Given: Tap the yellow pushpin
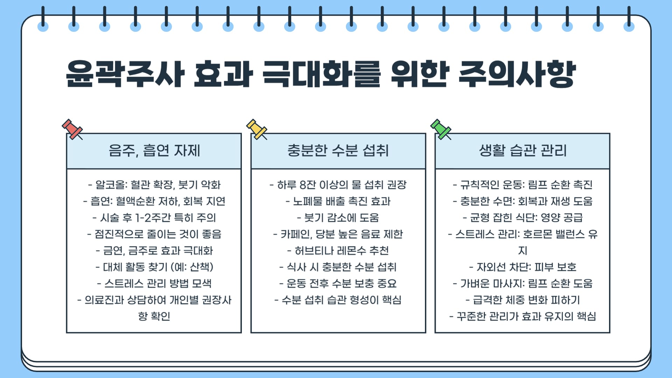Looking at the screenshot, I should pyautogui.click(x=256, y=129).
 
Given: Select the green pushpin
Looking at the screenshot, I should pyautogui.click(x=440, y=129).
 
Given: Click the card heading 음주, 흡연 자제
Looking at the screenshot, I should pyautogui.click(x=154, y=150).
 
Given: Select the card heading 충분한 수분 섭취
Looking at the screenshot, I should pyautogui.click(x=338, y=150).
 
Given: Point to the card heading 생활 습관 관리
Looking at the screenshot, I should pyautogui.click(x=523, y=150).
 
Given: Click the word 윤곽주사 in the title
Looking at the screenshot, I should pyautogui.click(x=125, y=74).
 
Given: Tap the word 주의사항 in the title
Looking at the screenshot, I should pyautogui.click(x=517, y=74).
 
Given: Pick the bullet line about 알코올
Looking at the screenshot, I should pyautogui.click(x=154, y=185).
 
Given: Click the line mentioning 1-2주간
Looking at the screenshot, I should pyautogui.click(x=154, y=218).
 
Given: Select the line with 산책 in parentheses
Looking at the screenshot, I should pyautogui.click(x=154, y=267).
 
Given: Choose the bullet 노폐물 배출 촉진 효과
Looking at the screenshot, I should pyautogui.click(x=338, y=201).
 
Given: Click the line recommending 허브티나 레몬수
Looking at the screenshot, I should pyautogui.click(x=338, y=251).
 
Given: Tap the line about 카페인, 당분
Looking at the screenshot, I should pyautogui.click(x=338, y=234).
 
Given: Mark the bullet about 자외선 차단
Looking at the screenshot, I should pyautogui.click(x=523, y=267).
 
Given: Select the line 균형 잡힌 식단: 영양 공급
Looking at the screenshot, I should pyautogui.click(x=523, y=218).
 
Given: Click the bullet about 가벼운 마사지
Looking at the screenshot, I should pyautogui.click(x=523, y=283).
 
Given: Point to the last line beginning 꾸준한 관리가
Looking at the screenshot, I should pyautogui.click(x=523, y=316).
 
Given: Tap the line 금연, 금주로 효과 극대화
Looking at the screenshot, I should pyautogui.click(x=154, y=251).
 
